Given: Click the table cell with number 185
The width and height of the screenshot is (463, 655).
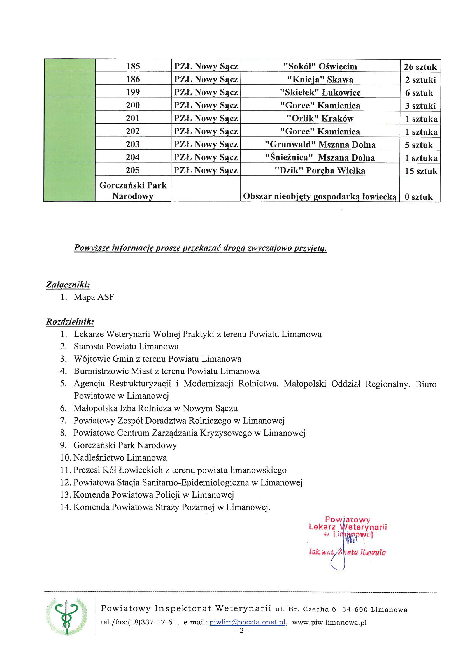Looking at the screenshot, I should (133, 66).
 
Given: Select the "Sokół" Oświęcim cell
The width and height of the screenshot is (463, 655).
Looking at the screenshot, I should (320, 66).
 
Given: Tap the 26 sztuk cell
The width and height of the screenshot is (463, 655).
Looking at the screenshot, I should (420, 67).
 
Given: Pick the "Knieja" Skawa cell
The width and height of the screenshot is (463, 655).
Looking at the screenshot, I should (320, 80).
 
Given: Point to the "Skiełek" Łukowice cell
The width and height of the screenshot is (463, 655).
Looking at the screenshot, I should (320, 92).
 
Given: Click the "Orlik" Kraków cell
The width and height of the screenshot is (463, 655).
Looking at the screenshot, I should (320, 119).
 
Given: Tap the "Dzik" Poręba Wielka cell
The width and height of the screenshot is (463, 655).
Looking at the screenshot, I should (320, 171).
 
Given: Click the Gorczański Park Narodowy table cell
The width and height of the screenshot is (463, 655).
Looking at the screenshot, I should (133, 190).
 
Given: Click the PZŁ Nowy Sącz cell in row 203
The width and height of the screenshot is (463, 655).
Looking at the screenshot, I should (206, 144).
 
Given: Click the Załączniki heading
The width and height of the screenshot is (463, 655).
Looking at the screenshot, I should (68, 284).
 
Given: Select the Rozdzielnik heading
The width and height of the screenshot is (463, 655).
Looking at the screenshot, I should (70, 322).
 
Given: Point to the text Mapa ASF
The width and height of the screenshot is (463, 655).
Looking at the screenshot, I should (94, 297).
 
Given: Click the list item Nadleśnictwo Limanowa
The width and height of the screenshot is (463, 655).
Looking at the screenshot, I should (120, 457).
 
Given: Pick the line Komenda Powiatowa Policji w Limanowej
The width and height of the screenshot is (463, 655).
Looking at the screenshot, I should (153, 495).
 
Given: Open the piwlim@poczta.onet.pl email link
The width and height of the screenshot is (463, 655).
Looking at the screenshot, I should (247, 622).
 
